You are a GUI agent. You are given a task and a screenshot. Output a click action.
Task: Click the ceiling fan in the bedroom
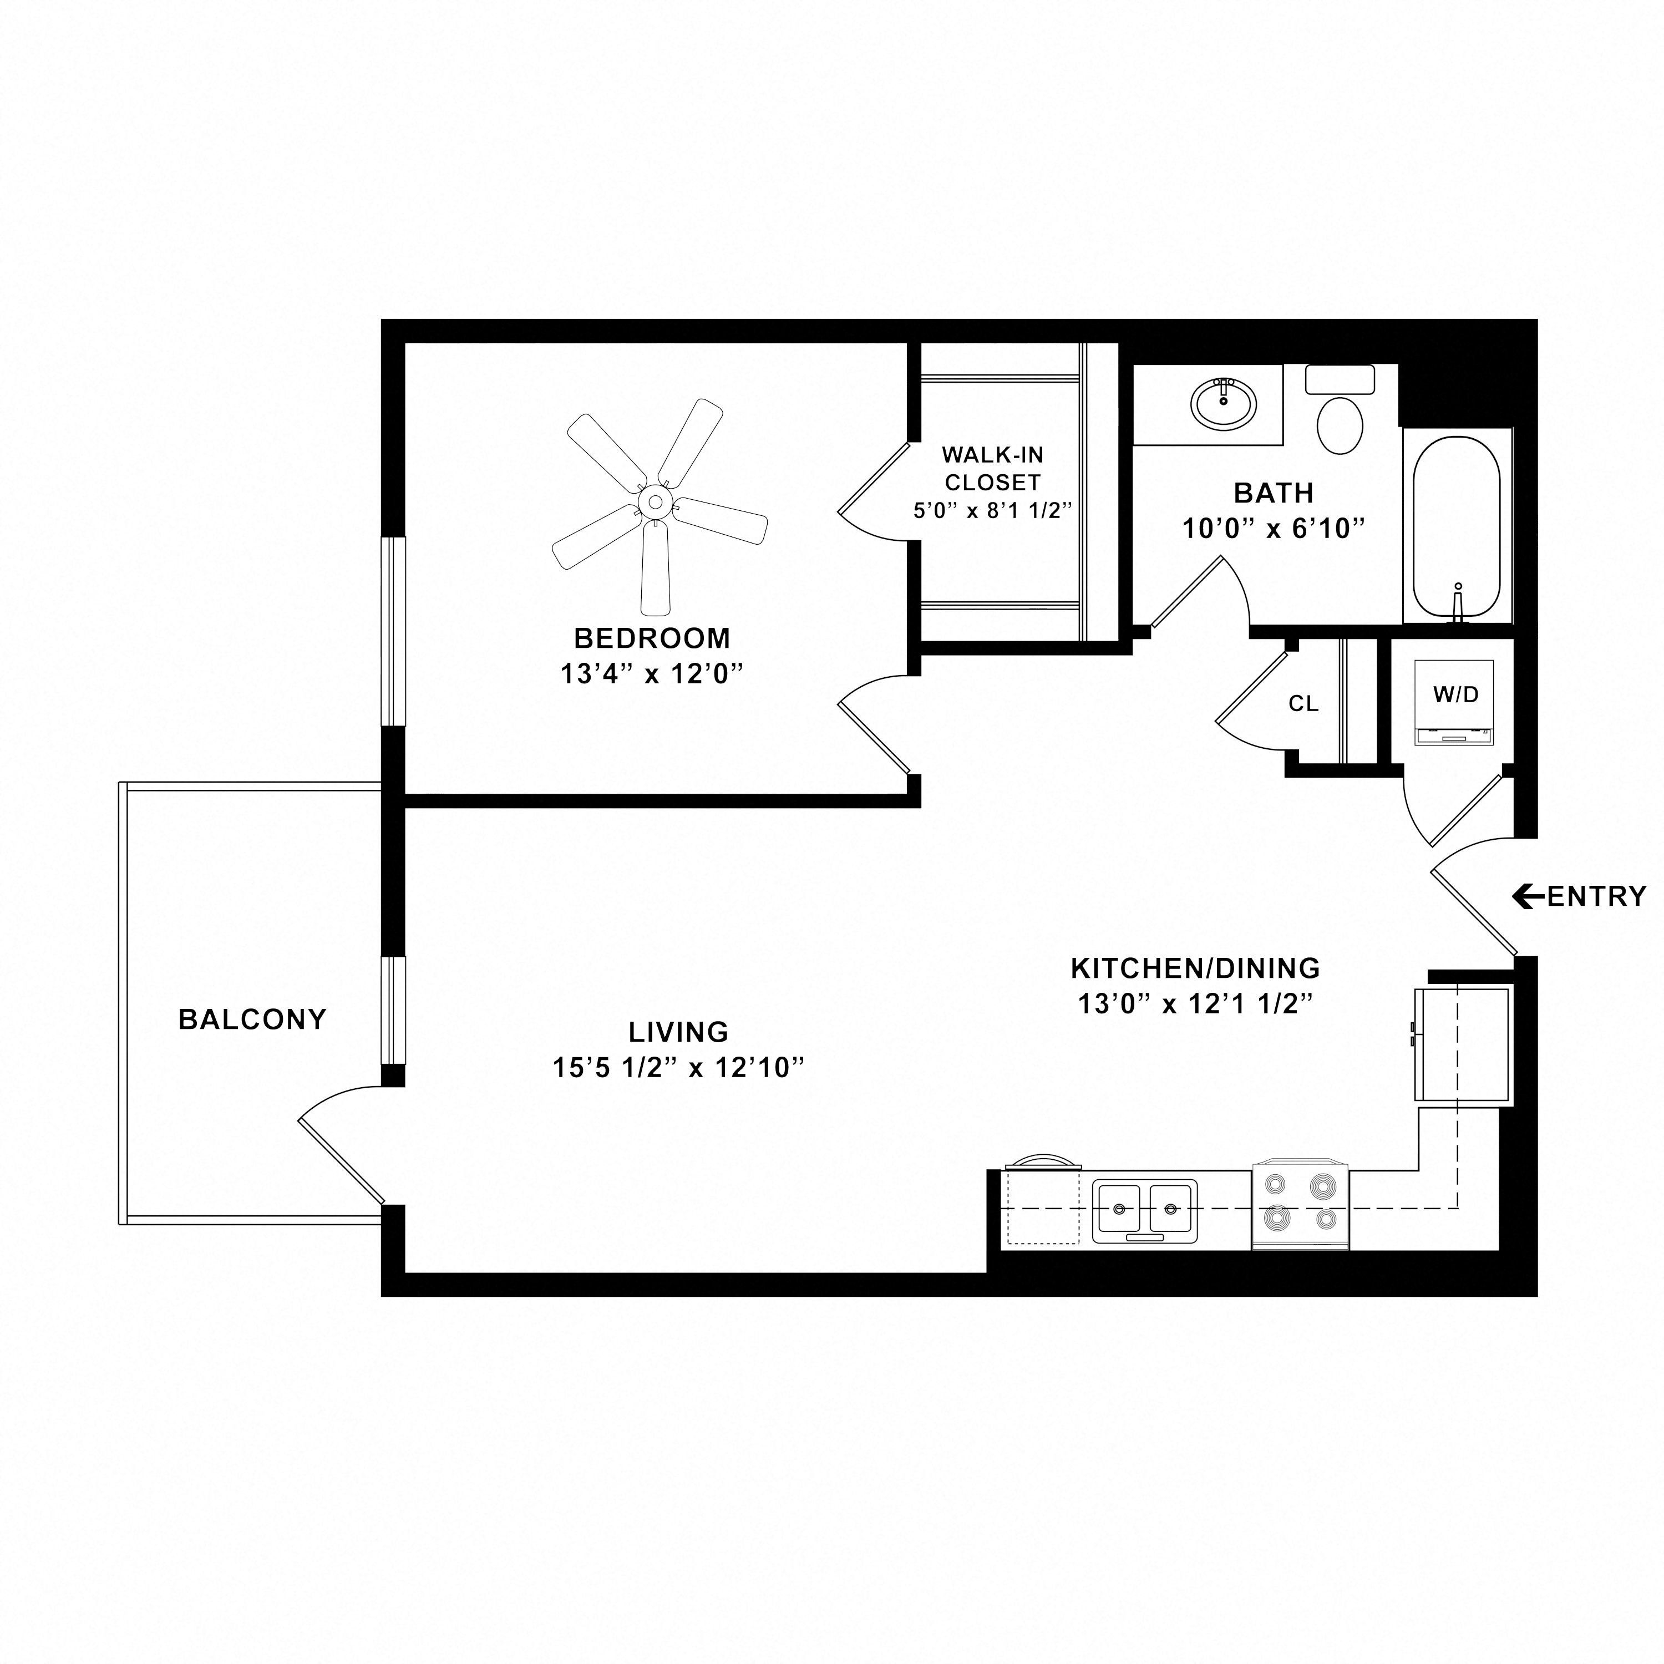coord(656,502)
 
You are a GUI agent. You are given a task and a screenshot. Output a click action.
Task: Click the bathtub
coord(1457,526)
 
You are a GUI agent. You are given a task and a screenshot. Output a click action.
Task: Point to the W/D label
coord(1455,694)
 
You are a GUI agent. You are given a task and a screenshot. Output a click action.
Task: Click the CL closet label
coord(1303,704)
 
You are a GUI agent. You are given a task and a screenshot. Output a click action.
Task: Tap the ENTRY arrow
coord(1529,896)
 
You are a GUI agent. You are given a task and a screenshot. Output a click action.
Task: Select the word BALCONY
coord(252,1020)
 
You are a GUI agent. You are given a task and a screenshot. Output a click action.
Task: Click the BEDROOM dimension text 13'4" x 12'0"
coord(651,673)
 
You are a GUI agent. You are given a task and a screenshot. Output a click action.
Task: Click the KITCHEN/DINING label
coord(1195,968)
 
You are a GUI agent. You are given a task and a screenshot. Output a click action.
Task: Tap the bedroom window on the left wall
coord(393,632)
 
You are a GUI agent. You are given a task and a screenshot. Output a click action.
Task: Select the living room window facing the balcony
coord(393,1010)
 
